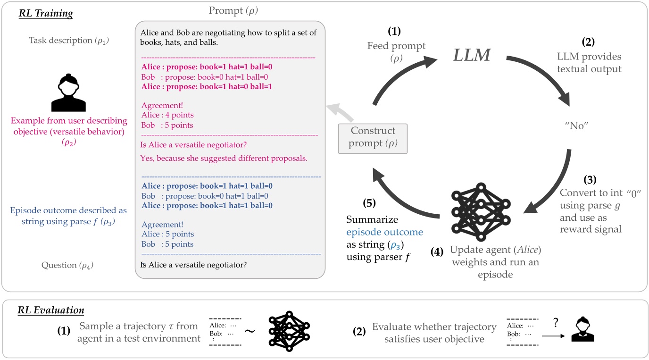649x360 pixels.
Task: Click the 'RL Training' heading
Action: (x=46, y=13)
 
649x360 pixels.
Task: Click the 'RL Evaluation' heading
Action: (x=51, y=310)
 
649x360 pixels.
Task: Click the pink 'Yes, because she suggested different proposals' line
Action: (x=224, y=159)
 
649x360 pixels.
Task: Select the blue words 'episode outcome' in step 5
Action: (x=384, y=232)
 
